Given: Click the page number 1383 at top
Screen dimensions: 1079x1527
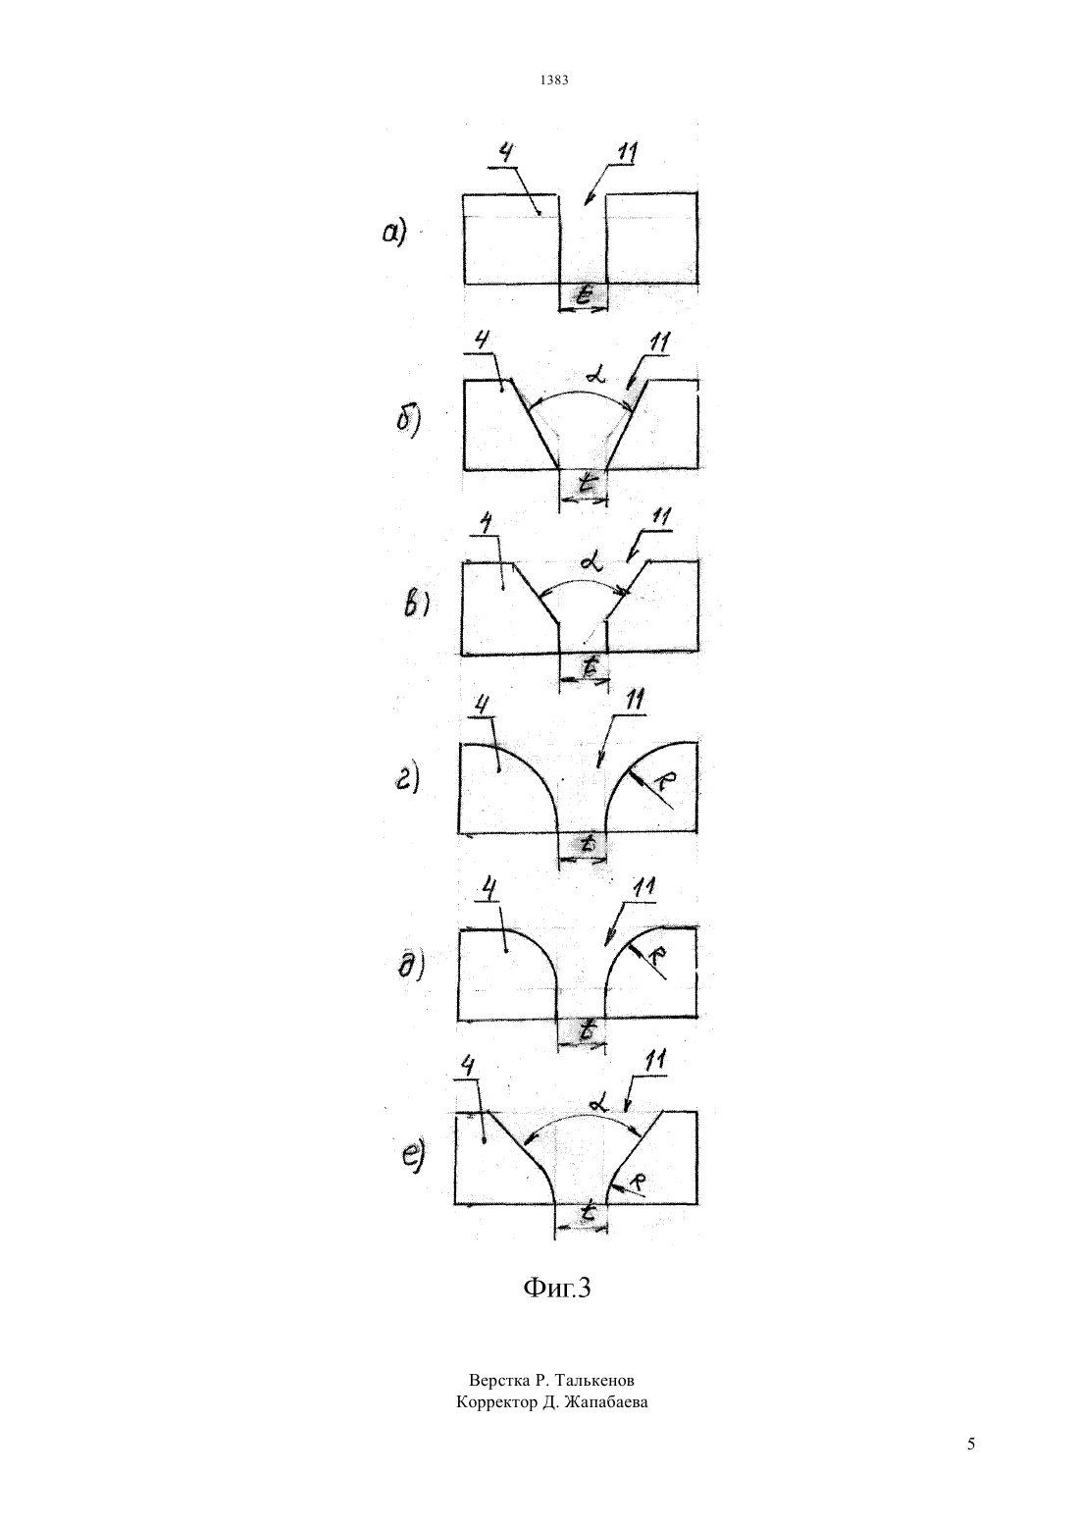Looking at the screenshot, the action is pos(554,80).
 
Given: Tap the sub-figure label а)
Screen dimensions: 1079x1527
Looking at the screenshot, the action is pos(393,234).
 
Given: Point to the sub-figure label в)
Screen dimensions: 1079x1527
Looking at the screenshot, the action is pos(416,604).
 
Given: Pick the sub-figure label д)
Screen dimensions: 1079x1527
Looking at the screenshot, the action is pos(411,966).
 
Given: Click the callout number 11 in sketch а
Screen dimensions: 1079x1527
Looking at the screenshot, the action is pos(626,153).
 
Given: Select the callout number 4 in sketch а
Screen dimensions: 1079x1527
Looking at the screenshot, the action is pos(505,154).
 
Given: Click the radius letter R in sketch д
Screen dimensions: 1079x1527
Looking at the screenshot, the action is pos(656,957).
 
